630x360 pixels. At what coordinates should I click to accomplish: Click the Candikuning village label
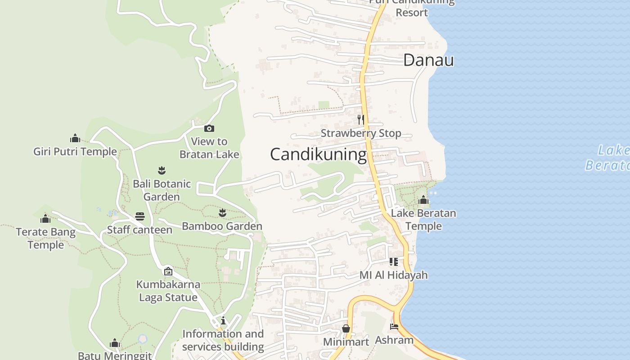[318, 154]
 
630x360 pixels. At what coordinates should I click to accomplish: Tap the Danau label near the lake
[428, 60]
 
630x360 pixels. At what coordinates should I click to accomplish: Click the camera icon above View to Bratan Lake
[209, 129]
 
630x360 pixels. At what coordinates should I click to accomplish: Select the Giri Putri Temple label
[75, 152]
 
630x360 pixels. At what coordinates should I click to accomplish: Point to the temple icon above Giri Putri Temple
[75, 138]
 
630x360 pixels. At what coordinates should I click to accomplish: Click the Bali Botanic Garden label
[162, 190]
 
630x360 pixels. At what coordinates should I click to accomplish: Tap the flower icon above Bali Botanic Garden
[162, 170]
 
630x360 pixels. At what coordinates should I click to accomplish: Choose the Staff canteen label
[139, 230]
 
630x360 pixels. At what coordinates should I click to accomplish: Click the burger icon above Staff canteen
[140, 216]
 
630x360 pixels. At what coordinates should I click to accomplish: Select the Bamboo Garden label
[222, 226]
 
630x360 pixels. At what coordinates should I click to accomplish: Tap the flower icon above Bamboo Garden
[222, 212]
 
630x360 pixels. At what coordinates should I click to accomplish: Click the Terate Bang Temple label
[45, 238]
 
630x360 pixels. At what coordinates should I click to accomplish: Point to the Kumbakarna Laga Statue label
[168, 291]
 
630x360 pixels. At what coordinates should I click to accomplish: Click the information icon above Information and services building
[223, 320]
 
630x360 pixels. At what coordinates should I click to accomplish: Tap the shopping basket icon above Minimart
[346, 328]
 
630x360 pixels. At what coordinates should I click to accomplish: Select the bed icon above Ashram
[394, 327]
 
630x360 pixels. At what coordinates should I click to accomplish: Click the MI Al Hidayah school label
[393, 275]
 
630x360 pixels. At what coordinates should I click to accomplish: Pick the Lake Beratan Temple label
[423, 219]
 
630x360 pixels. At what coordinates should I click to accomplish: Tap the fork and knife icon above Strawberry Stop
[360, 119]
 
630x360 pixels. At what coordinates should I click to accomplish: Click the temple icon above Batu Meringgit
[115, 344]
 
